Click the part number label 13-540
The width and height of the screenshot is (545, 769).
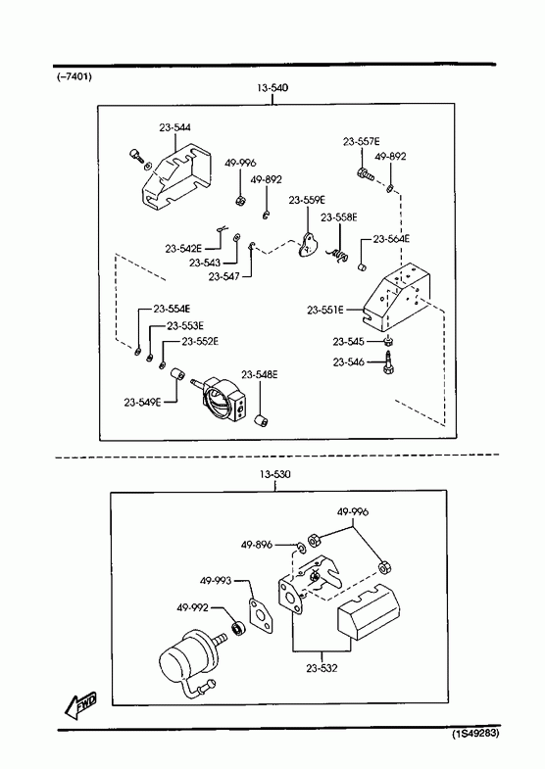(272, 88)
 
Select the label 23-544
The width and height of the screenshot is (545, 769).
(175, 127)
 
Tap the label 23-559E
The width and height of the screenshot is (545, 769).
(307, 200)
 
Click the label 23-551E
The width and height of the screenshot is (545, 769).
(325, 310)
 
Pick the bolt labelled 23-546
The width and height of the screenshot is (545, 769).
(387, 362)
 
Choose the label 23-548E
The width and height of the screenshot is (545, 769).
(260, 374)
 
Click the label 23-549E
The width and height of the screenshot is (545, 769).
(142, 403)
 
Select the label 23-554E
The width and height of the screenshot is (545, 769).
(172, 309)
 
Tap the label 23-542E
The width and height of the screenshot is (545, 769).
(183, 249)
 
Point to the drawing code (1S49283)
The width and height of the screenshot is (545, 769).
(475, 734)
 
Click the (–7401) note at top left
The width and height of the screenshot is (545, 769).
(74, 77)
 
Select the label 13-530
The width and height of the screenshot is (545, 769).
(275, 475)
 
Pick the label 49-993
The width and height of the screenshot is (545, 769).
(216, 581)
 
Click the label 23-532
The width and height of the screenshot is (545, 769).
(322, 668)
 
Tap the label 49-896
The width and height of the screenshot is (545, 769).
(257, 545)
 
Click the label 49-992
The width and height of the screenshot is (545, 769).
(193, 608)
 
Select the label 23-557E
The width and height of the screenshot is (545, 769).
(362, 142)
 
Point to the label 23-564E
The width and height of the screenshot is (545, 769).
(391, 239)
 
